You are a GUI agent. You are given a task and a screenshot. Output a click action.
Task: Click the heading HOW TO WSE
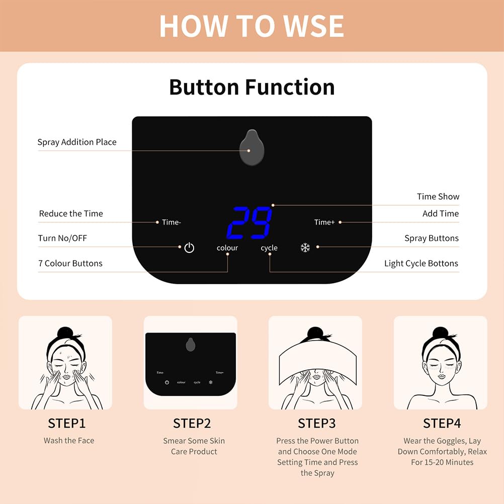pyautogui.click(x=251, y=26)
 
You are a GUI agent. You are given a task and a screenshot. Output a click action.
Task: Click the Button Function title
pyautogui.click(x=251, y=87)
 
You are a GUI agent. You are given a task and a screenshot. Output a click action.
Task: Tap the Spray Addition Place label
pyautogui.click(x=77, y=142)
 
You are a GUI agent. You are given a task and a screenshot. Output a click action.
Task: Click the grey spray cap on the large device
pyautogui.click(x=251, y=148)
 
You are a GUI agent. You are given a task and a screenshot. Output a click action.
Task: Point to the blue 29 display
pyautogui.click(x=249, y=223)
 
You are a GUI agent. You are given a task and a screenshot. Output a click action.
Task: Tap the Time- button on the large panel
pyautogui.click(x=172, y=222)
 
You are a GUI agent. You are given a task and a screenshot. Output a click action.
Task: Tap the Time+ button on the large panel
pyautogui.click(x=324, y=222)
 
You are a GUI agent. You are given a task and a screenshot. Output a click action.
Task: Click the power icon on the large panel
pyautogui.click(x=189, y=247)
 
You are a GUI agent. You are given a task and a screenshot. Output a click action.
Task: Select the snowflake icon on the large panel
pyautogui.click(x=305, y=247)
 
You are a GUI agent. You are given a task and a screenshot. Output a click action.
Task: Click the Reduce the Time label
pyautogui.click(x=71, y=214)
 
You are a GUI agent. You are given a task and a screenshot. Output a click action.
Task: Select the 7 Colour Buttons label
pyautogui.click(x=70, y=264)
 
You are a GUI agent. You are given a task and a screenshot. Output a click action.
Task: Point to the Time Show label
pyautogui.click(x=438, y=197)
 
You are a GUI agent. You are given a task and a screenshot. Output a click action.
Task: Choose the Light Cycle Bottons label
pyautogui.click(x=421, y=264)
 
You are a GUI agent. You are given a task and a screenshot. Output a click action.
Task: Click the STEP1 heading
pyautogui.click(x=67, y=423)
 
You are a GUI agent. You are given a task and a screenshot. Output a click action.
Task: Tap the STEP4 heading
pyautogui.click(x=442, y=423)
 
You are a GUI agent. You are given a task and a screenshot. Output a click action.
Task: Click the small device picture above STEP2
pyautogui.click(x=191, y=363)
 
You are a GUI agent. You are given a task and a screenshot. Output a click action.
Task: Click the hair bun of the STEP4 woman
pyautogui.click(x=440, y=332)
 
